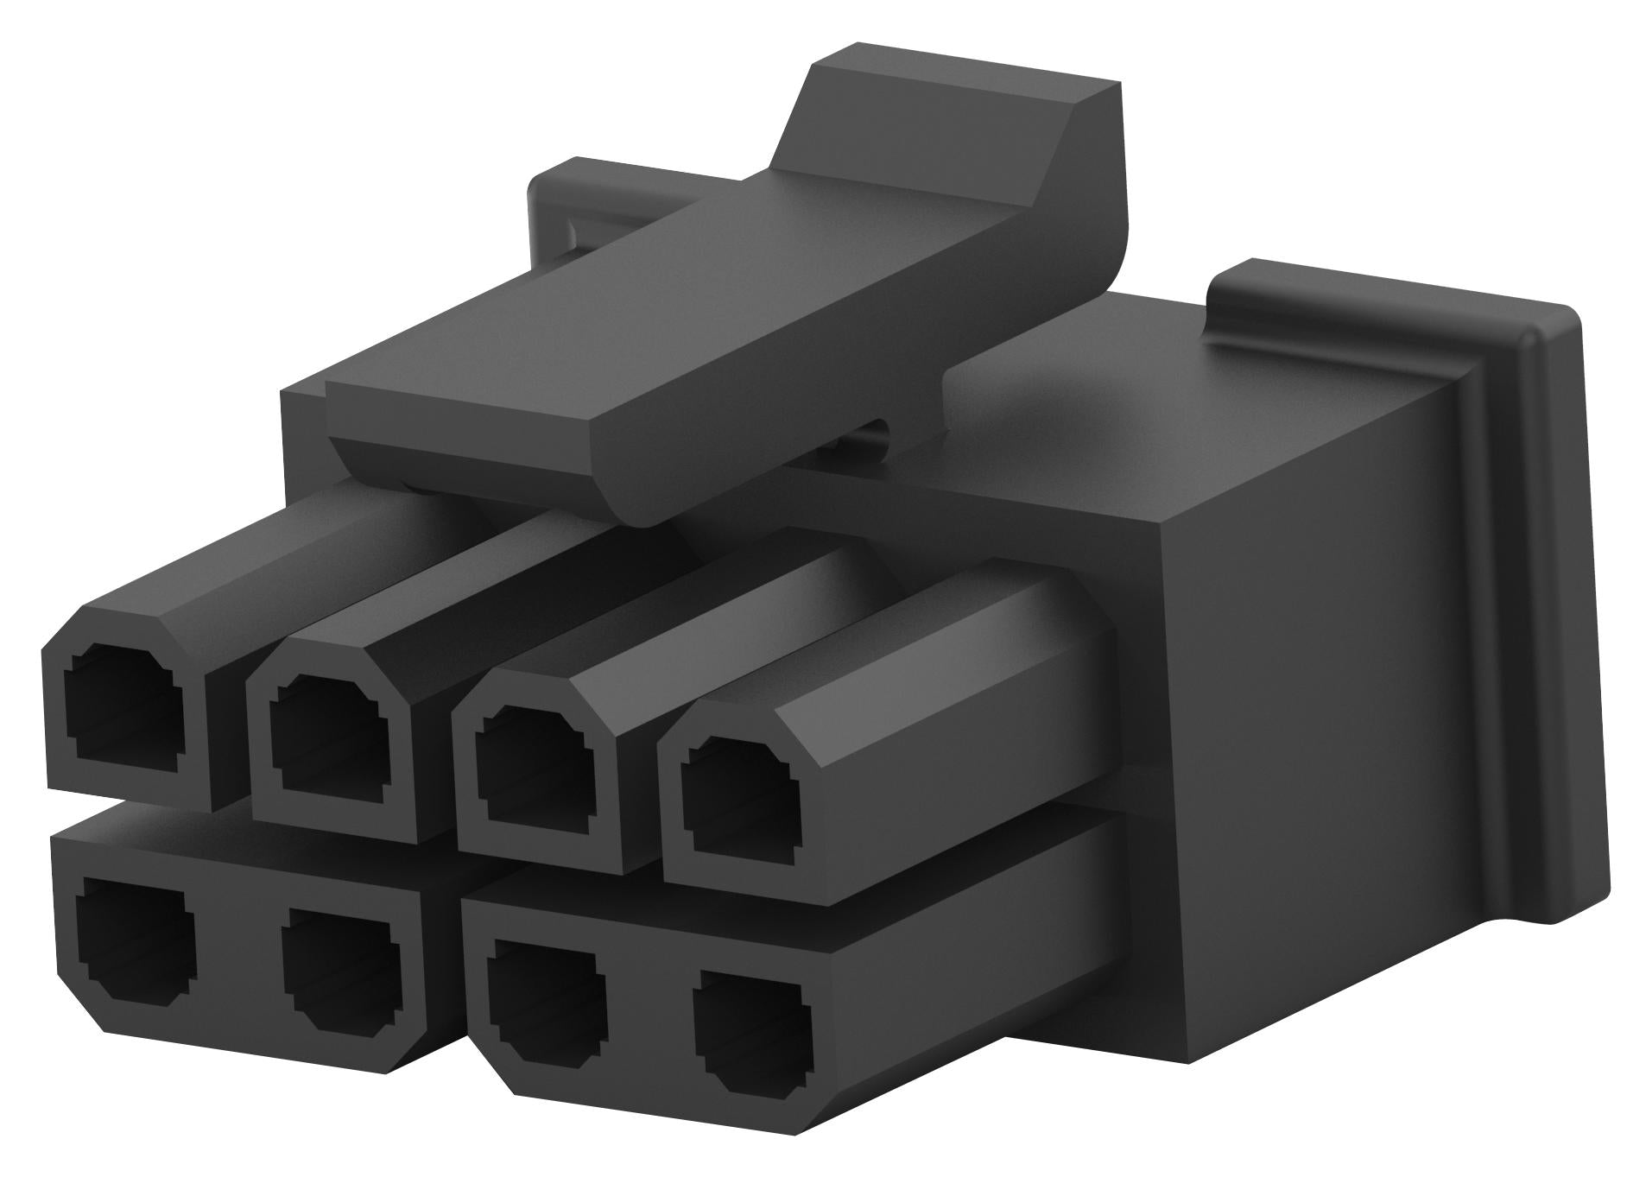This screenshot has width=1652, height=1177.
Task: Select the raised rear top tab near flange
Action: [x=1347, y=298]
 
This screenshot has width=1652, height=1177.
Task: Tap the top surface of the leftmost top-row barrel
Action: [x=259, y=553]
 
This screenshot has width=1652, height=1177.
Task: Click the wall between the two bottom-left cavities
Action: [x=233, y=954]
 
